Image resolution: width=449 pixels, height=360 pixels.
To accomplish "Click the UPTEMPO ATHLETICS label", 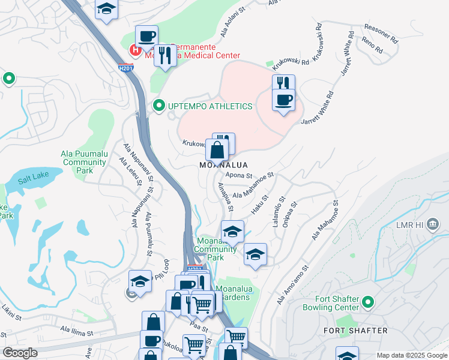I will point(209,106).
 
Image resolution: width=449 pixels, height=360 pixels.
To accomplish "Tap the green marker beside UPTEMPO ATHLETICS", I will point(159,106).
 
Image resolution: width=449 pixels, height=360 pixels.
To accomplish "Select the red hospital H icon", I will point(136,50).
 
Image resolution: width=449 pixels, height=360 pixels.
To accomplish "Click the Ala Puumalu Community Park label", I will point(85,162).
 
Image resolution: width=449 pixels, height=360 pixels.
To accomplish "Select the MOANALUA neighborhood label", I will point(223,164).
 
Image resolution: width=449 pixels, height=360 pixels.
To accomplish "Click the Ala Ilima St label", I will point(77,332).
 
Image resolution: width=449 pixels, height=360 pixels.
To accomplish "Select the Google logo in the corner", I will point(20,353).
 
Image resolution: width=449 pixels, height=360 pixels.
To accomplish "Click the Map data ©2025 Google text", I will point(412,355).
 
